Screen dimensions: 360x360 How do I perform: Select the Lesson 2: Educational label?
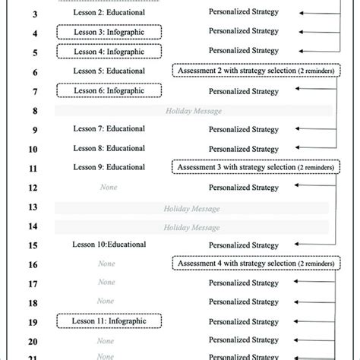coord(109,14)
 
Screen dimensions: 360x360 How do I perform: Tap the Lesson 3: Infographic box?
coord(109,33)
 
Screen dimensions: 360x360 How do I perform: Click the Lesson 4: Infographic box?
coord(109,52)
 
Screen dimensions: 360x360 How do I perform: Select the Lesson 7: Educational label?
coord(109,129)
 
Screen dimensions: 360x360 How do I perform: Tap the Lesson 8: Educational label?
coord(109,148)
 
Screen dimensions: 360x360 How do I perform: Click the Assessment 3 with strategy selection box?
coord(257,167)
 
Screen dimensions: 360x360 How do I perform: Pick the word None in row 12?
coord(109,187)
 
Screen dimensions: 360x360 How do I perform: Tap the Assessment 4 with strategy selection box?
coord(257,264)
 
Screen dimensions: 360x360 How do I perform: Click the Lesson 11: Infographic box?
coord(109,322)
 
